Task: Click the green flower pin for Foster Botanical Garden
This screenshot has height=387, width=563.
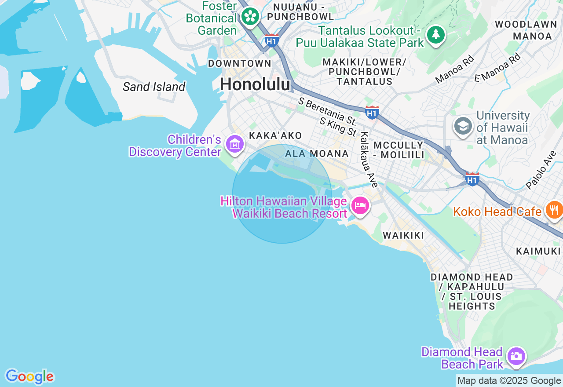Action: click(x=251, y=17)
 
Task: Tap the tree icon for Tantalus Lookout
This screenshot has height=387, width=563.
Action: click(x=436, y=34)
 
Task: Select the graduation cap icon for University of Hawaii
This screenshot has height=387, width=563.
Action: click(x=463, y=126)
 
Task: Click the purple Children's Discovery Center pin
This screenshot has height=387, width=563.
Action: click(x=235, y=144)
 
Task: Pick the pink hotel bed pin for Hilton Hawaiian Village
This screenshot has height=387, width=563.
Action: click(x=360, y=205)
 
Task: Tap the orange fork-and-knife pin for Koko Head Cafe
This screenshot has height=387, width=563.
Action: click(x=554, y=210)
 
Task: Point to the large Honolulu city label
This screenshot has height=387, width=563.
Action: click(x=255, y=84)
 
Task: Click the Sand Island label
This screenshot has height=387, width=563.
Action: click(x=154, y=87)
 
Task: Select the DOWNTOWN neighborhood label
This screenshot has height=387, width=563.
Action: click(x=240, y=63)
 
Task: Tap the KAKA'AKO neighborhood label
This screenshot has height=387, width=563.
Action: click(x=275, y=135)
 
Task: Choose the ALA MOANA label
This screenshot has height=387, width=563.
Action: click(x=317, y=153)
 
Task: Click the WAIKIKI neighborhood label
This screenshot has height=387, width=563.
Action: click(x=403, y=235)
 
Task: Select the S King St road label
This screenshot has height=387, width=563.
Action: click(x=338, y=127)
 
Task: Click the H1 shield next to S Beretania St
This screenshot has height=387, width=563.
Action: click(x=372, y=112)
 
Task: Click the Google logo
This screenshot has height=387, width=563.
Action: click(x=29, y=376)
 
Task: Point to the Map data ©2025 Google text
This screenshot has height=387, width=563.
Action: click(x=509, y=381)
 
